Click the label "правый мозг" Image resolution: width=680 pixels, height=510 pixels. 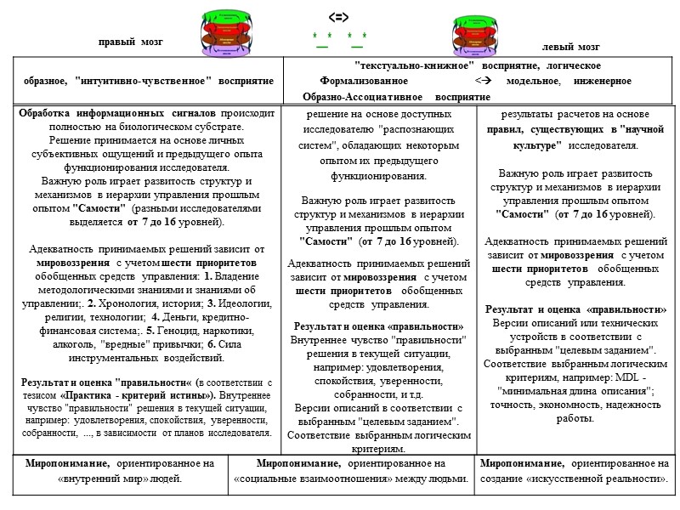click(x=129, y=42)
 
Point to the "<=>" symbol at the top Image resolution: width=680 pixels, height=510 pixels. click(x=339, y=16)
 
